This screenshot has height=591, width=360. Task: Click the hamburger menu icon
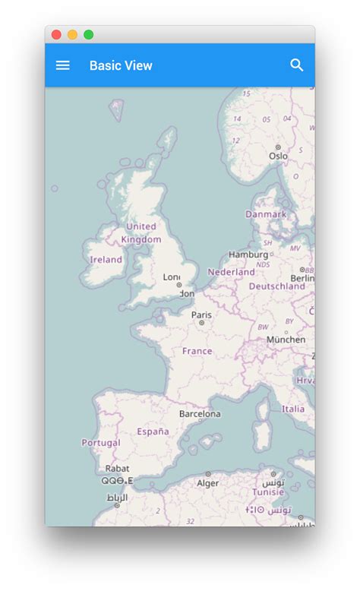point(63,65)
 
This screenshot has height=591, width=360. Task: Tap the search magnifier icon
point(297,65)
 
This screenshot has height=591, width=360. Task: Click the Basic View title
point(121,65)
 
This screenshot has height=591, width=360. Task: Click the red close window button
point(56,34)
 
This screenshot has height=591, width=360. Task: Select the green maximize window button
point(89,34)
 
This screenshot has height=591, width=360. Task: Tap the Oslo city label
point(278,156)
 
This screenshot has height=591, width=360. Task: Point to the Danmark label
point(266,214)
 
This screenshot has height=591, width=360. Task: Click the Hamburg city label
point(248,254)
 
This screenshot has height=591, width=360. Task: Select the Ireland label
point(106,260)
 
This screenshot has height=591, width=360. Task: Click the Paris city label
point(201,314)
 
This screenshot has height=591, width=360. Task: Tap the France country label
point(197,351)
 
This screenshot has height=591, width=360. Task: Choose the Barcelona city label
point(200,414)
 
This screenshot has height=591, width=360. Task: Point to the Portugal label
point(101,442)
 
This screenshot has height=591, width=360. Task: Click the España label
point(153,431)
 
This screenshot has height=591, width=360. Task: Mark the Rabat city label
point(117,469)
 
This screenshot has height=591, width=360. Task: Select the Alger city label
point(208,483)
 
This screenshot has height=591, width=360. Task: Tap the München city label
point(286,340)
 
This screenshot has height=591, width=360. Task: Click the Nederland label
point(231,272)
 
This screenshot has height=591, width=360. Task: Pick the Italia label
point(293,409)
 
